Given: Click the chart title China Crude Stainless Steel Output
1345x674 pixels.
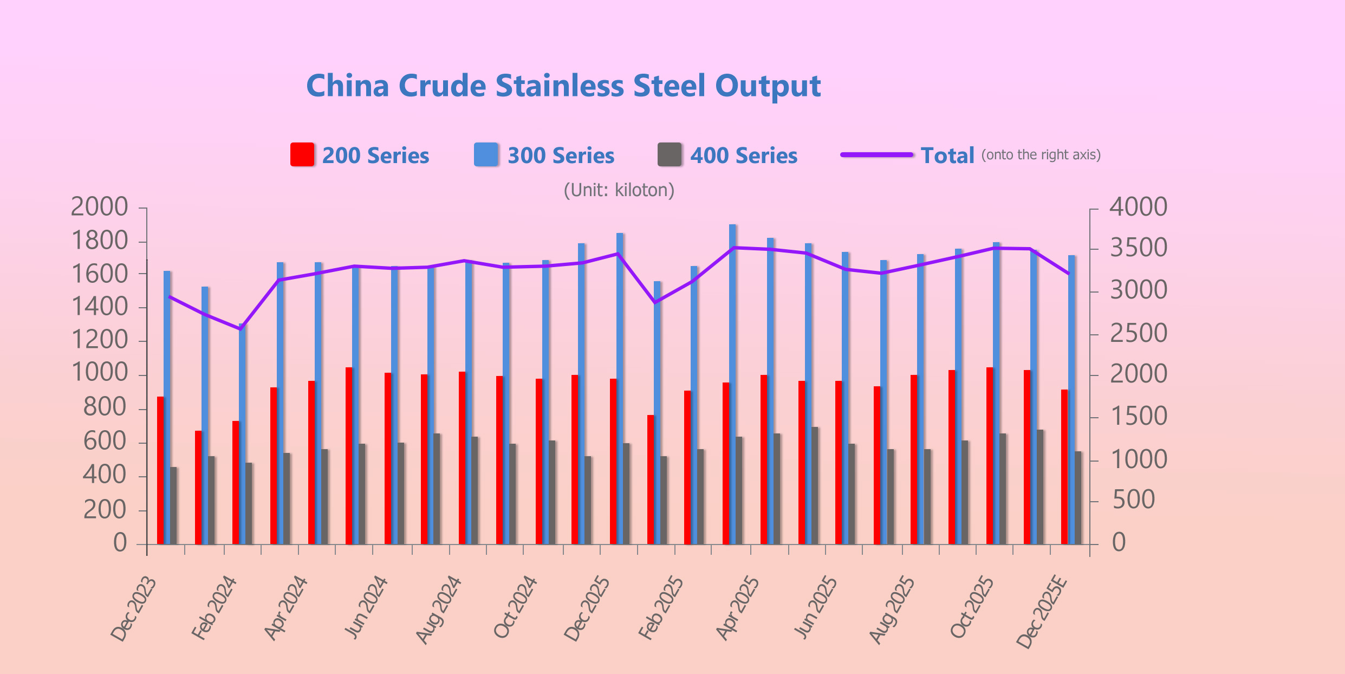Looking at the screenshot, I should coord(563,86).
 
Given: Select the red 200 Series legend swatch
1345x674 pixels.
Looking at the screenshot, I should coord(302,155).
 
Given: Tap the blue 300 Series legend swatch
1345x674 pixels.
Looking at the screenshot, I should coord(486,155).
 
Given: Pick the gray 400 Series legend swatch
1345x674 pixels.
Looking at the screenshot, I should coord(670,155).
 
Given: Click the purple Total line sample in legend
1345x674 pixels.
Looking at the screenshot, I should coord(876,155).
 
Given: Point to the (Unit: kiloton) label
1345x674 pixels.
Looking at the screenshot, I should coord(619,190).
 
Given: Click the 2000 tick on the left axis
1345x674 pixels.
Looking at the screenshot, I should coord(100,208).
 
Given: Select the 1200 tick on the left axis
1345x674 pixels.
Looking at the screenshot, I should coord(100,341).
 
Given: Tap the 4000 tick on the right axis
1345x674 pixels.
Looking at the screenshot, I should coord(1138,208).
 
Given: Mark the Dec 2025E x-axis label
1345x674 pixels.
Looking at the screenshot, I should coord(1041,612).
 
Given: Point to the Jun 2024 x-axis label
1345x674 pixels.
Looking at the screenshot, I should coord(367,608).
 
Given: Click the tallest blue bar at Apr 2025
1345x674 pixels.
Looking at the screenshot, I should coord(732,379).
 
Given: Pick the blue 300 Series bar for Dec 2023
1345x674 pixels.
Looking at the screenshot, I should coord(167,406).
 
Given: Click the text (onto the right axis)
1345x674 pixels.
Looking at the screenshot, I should coord(1041,155).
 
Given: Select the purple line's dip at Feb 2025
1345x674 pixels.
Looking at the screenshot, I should coord(655,302).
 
